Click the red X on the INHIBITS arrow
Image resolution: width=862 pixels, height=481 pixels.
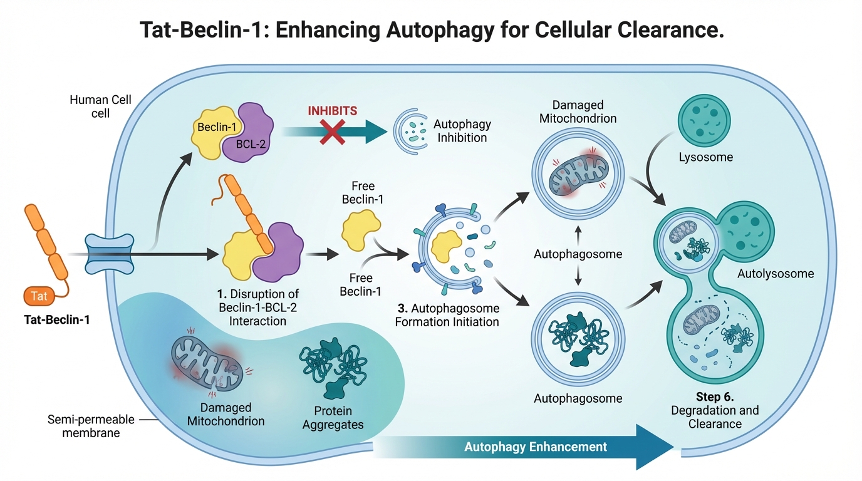[x=331, y=132]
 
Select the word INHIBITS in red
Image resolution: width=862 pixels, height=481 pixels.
[x=332, y=111]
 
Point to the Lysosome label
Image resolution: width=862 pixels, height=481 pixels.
[x=705, y=157]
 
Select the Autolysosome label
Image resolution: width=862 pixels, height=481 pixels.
[x=776, y=274]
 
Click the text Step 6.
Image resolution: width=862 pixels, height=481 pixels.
[x=715, y=397]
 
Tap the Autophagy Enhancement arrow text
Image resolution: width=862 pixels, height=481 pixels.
[x=536, y=447]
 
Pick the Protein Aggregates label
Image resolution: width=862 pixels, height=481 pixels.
[x=333, y=418]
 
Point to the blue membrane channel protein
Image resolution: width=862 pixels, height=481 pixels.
[x=110, y=254]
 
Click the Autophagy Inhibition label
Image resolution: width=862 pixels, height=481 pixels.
[x=462, y=131]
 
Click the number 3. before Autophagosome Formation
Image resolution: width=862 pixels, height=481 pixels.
[x=402, y=309]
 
